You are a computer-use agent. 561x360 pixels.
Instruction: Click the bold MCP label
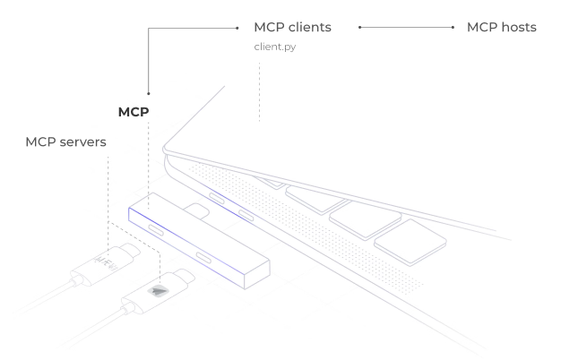pos(133,113)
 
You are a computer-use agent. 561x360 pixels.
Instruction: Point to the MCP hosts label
pos(501,28)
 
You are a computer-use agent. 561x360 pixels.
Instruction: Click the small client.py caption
pos(275,47)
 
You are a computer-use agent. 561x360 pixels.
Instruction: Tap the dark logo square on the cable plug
pos(160,289)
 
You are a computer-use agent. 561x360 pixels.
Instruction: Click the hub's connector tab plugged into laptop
pos(195,210)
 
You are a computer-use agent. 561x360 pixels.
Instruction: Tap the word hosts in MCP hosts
pos(516,28)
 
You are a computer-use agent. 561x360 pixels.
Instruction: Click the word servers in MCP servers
pos(85,143)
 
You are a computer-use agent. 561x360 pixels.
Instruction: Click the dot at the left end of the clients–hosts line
pos(359,28)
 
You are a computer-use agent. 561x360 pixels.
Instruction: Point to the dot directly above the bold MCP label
pos(148,91)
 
